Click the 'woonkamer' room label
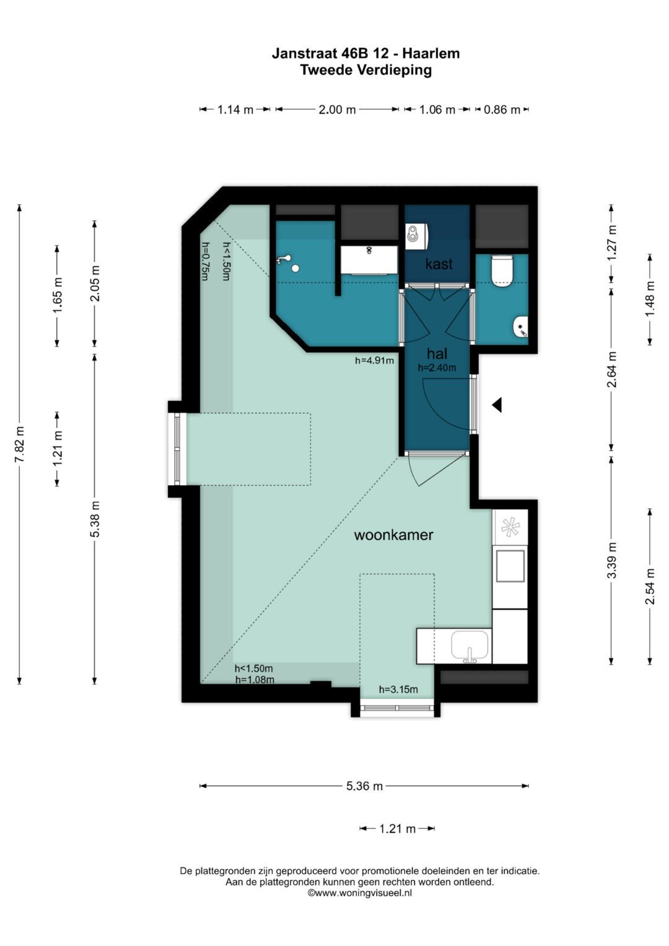(393, 535)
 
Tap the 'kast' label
(439, 264)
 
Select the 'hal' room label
(437, 353)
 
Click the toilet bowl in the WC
(502, 271)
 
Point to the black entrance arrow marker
(497, 405)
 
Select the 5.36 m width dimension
(364, 786)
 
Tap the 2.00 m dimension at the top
(337, 110)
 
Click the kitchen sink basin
(470, 646)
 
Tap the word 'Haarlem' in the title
(431, 54)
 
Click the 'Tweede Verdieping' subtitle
(365, 69)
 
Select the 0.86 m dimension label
(502, 110)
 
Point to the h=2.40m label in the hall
(437, 367)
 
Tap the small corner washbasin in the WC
(520, 326)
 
